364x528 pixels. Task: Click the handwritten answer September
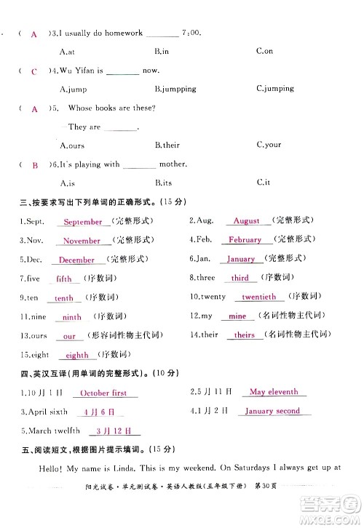82,222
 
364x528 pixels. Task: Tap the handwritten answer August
247,220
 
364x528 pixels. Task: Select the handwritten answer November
82,241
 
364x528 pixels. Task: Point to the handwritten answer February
245,239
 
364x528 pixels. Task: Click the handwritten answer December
76,260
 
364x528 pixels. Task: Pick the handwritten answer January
241,259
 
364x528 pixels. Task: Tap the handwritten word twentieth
260,297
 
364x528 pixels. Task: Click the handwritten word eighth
77,356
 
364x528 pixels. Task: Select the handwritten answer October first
103,393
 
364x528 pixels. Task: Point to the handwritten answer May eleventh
274,392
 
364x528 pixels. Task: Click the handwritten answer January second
272,411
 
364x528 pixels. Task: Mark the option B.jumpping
175,89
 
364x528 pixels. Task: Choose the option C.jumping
275,89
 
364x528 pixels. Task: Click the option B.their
167,145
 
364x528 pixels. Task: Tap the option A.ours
73,145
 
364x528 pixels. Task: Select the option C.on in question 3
264,51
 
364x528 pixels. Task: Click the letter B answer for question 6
34,165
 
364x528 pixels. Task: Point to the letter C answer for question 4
34,71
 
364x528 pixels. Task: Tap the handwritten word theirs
245,335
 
